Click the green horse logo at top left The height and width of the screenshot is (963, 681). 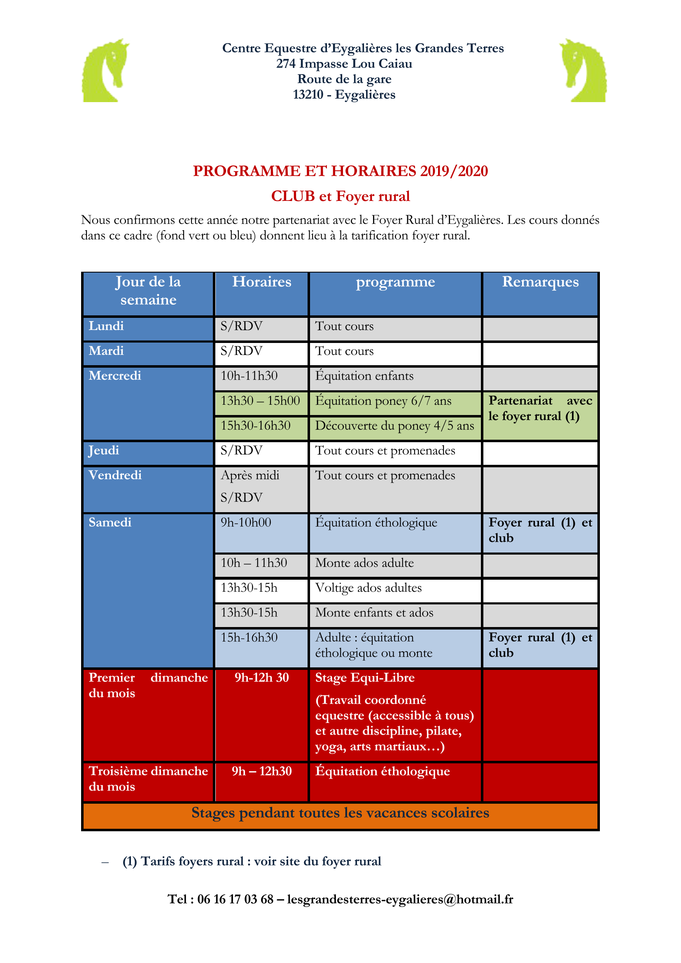click(105, 70)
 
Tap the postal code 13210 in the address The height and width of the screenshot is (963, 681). click(308, 95)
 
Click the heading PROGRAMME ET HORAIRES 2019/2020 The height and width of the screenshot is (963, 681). click(340, 171)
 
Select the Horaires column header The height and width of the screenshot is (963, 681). click(262, 282)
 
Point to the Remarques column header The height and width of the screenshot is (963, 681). click(540, 282)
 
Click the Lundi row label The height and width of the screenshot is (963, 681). click(107, 326)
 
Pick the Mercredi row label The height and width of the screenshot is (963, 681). click(115, 375)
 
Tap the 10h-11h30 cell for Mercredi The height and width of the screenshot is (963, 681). click(249, 376)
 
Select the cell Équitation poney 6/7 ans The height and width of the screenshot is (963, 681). click(383, 401)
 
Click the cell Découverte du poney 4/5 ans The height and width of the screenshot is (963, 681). click(394, 426)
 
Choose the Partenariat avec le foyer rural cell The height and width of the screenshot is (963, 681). click(540, 408)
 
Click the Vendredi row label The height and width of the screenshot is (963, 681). click(115, 475)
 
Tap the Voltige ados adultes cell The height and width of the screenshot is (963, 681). click(368, 588)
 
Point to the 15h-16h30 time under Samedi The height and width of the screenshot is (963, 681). click(249, 637)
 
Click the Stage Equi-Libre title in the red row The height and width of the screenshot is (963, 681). click(365, 678)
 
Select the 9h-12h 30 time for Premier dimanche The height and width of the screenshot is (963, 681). click(262, 678)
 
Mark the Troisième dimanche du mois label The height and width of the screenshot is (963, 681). click(148, 779)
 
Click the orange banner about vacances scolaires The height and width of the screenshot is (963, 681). click(340, 813)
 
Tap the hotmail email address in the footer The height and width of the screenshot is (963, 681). click(400, 899)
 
